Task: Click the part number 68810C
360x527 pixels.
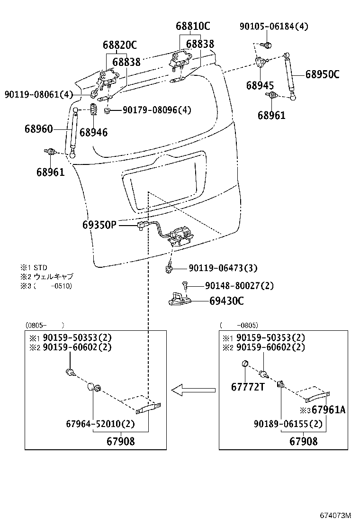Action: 193,26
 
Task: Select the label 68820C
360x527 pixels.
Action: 119,45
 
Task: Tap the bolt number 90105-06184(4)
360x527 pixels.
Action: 273,27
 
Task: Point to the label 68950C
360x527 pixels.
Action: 322,74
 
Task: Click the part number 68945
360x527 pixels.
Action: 260,85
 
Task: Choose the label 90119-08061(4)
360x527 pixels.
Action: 39,95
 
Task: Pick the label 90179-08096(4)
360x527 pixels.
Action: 157,110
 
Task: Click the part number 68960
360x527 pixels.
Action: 39,129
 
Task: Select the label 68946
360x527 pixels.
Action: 93,133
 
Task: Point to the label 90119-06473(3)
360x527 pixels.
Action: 223,268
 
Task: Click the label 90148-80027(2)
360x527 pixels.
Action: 239,286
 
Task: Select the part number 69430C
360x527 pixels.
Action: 226,301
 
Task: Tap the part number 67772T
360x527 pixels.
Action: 247,387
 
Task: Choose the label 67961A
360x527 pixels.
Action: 328,410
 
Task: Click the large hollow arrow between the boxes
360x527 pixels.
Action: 193,391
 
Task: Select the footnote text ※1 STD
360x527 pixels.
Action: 34,268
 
